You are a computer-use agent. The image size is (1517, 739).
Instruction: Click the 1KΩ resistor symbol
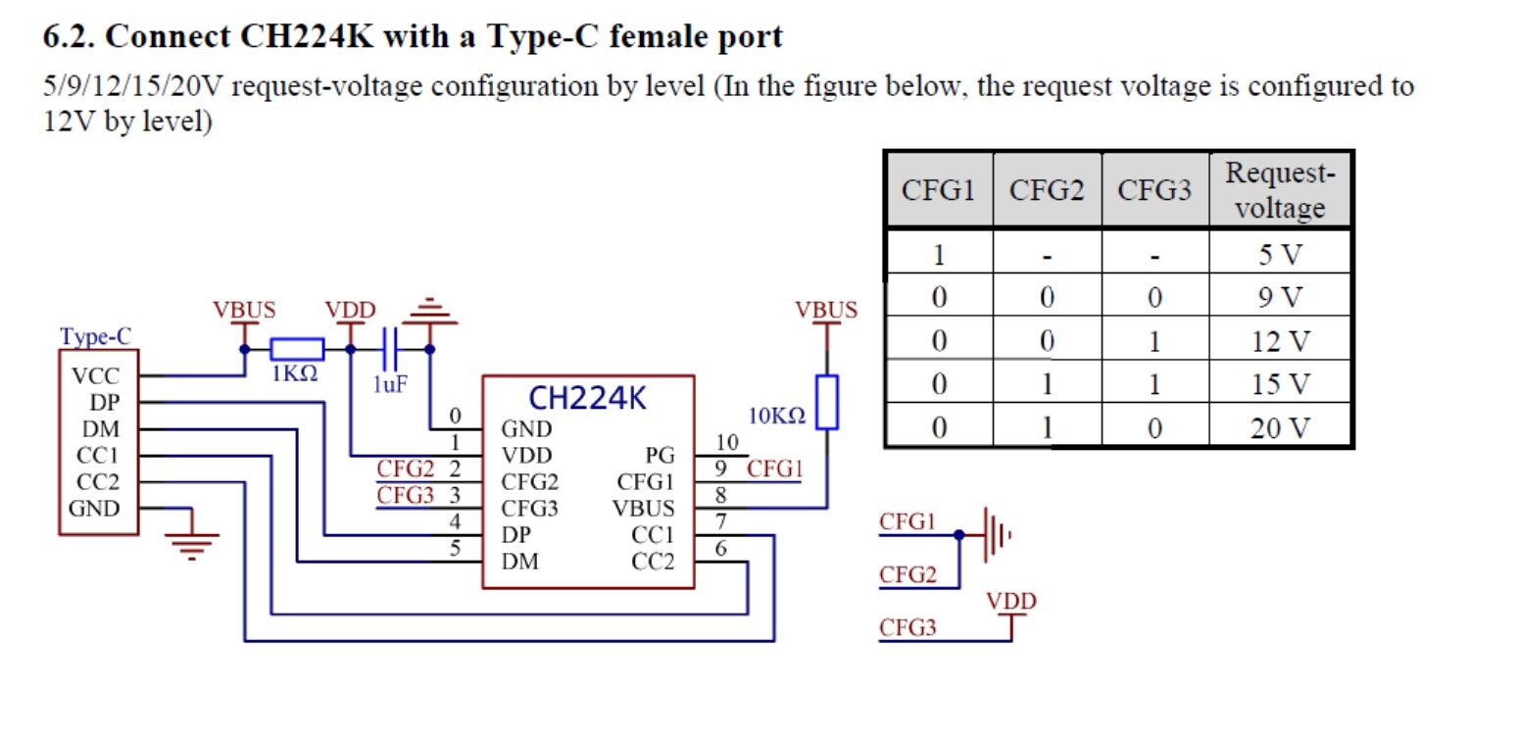point(297,349)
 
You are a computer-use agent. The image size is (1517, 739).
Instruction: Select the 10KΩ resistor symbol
point(827,401)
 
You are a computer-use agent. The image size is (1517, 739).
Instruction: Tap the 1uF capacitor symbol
point(389,349)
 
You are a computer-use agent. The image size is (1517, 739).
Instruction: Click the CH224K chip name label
point(587,398)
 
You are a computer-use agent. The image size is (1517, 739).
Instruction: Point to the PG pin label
point(660,456)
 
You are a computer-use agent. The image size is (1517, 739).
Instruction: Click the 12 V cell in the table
point(1279,341)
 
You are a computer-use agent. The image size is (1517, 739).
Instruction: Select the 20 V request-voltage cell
point(1279,427)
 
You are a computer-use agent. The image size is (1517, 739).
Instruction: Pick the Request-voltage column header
point(1279,190)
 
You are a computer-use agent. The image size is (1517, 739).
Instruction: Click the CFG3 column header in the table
point(1154,190)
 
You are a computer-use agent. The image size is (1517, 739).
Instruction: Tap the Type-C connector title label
point(95,337)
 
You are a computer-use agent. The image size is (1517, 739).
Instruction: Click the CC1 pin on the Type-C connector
point(97,456)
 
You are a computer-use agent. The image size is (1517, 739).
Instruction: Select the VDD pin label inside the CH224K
point(526,456)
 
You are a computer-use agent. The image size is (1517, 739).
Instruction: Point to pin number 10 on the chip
point(725,444)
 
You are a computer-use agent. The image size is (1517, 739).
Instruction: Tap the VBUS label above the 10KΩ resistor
point(826,311)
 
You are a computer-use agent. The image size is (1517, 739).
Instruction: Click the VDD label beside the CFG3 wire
point(1011,601)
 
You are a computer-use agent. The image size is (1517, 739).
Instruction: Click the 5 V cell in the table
point(1279,256)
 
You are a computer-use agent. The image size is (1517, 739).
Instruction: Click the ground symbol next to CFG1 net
point(994,535)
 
